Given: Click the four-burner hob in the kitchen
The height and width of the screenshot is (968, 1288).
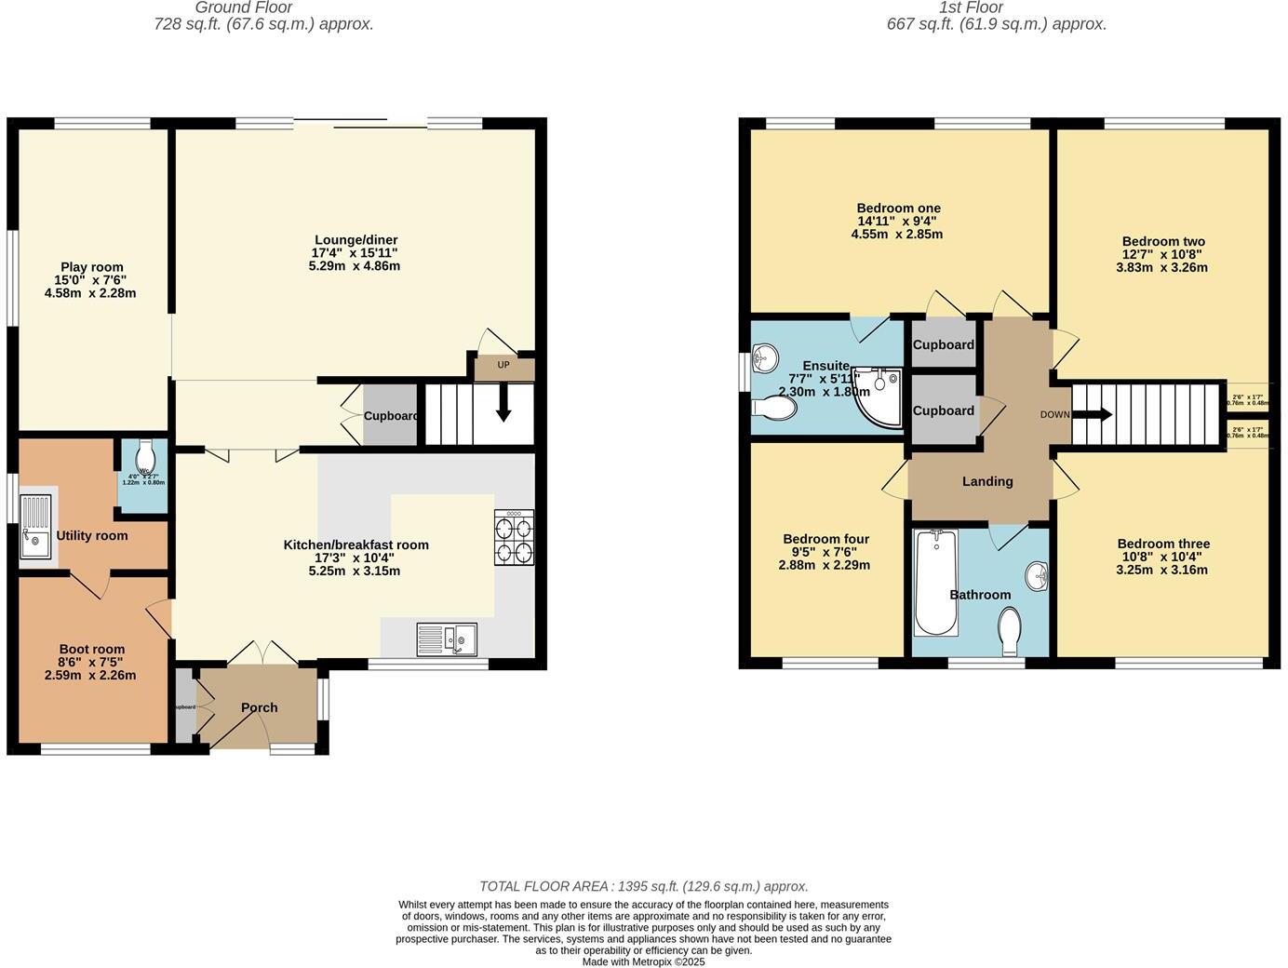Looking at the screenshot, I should click(x=514, y=538).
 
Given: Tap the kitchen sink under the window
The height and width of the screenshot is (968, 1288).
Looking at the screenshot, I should click(x=447, y=639).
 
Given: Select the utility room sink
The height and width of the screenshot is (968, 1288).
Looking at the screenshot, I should click(x=35, y=527).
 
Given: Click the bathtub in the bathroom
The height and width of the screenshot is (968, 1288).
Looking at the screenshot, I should click(x=935, y=582).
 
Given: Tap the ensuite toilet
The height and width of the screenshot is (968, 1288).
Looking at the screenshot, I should click(x=773, y=408).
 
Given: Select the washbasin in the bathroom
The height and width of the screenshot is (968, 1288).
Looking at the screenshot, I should click(x=1038, y=576).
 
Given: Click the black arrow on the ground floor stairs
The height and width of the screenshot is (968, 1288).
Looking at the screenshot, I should click(x=503, y=409).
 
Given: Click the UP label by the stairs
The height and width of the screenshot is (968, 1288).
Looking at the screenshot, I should click(x=503, y=365).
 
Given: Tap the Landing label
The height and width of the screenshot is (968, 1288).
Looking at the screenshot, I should click(x=987, y=481).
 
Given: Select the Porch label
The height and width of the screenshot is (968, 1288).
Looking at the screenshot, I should click(x=260, y=707).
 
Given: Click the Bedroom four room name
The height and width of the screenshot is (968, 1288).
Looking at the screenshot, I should click(x=825, y=539).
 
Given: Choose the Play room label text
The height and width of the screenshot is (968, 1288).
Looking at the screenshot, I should click(x=92, y=267).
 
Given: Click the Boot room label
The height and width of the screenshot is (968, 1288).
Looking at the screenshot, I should click(x=92, y=649).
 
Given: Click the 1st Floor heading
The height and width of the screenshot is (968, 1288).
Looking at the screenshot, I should click(x=971, y=7).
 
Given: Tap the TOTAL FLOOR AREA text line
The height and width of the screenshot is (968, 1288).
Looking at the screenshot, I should click(x=643, y=886).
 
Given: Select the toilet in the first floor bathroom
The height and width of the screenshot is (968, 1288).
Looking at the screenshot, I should click(x=1009, y=630).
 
